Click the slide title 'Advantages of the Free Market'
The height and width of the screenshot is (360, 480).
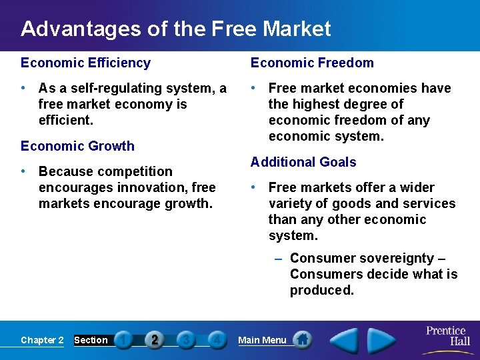(175, 29)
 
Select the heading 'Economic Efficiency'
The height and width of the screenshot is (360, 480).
(85, 63)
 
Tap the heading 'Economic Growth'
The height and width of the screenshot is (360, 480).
(77, 146)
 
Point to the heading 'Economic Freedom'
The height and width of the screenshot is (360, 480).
(312, 63)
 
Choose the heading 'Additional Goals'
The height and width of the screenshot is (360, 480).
(303, 162)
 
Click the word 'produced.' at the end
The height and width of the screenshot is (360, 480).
(322, 290)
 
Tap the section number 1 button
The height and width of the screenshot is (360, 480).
(123, 340)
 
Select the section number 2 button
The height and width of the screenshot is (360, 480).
(155, 340)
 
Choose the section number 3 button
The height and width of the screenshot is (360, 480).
(186, 340)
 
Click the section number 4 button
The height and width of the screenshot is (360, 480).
(216, 340)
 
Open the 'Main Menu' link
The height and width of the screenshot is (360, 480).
(262, 340)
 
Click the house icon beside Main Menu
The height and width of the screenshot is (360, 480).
(302, 339)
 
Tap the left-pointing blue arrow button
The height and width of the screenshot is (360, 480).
(345, 340)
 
